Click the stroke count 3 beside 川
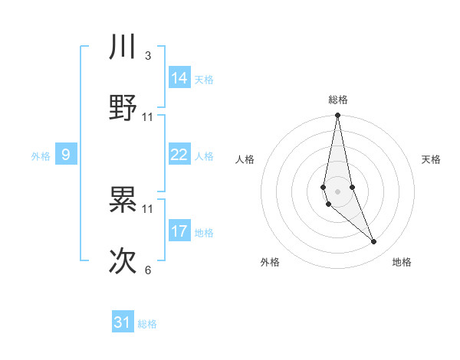tap(147, 56)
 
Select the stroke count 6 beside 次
tap(147, 270)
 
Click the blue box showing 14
tap(179, 78)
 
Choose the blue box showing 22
tap(179, 155)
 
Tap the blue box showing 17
tap(179, 231)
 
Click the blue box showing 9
tap(66, 155)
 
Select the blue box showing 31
tap(123, 322)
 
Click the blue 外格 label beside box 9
tap(41, 156)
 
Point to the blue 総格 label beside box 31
tap(147, 324)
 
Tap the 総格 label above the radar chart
tap(337, 100)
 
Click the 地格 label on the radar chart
tap(402, 262)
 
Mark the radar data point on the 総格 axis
tap(337, 116)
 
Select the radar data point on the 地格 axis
tap(374, 242)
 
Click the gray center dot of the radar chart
tap(337, 191)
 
